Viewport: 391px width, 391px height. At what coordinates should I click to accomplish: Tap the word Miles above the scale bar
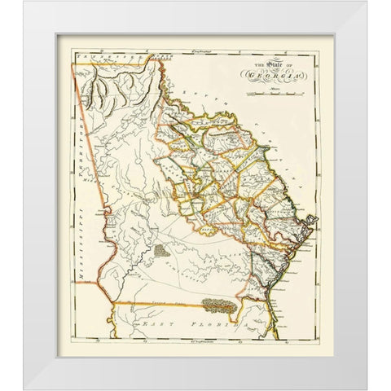(281, 91)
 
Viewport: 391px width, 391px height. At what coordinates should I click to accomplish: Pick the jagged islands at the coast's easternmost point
(311, 221)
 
